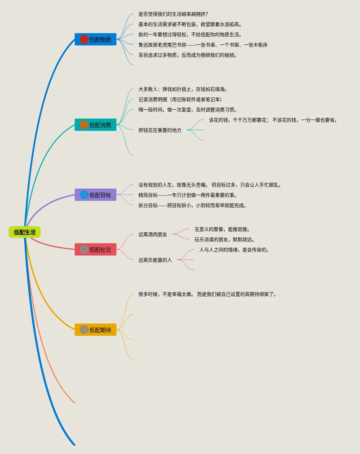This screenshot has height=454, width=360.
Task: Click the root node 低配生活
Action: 25,232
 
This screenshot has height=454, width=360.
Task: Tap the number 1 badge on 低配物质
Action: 84,40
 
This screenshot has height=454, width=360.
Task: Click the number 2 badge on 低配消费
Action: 84,125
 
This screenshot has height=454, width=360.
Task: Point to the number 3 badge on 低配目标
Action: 84,195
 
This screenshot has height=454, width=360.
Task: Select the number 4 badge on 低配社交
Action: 84,250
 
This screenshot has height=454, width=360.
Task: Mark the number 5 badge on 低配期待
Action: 84,330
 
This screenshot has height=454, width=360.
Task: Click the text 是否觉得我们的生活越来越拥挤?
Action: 173,14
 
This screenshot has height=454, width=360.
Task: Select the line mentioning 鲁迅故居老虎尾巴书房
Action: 203,45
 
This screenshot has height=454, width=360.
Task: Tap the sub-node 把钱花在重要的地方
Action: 160,130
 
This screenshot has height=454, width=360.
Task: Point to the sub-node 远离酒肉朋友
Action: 152,234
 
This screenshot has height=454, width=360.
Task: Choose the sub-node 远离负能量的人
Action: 155,260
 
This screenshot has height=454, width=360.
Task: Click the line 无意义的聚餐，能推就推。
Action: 222,229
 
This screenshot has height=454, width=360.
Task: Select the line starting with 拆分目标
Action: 192,205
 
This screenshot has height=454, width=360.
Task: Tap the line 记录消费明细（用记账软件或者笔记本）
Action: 180,99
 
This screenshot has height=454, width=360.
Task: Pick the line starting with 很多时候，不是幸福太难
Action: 208,294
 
